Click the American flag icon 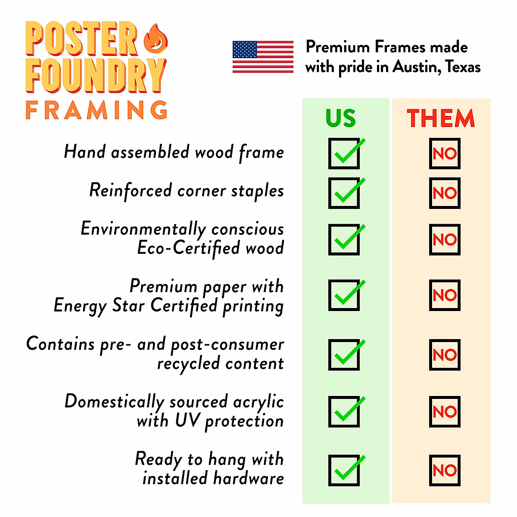click(263, 57)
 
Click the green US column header click(341, 118)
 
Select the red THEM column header click(441, 118)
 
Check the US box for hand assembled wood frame click(344, 153)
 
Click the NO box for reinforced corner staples click(445, 193)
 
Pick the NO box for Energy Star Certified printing click(445, 295)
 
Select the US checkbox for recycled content click(344, 355)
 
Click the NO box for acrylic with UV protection click(445, 411)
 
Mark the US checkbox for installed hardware click(344, 470)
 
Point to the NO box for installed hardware click(445, 470)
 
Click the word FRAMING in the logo click(97, 110)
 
